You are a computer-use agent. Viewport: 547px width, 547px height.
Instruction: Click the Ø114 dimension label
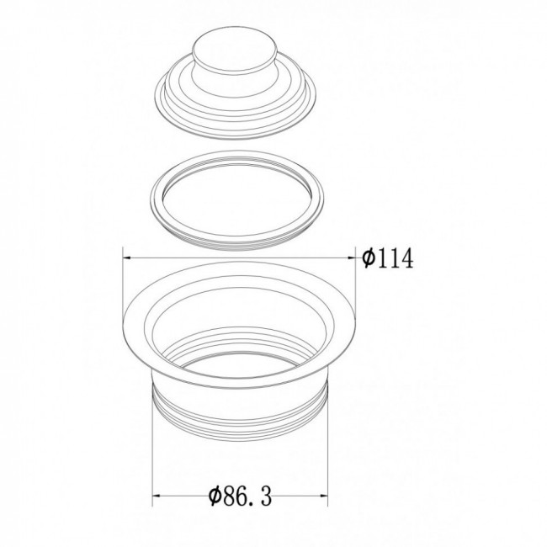pos(387,258)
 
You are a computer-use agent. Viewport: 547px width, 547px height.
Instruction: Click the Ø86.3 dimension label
pos(240,496)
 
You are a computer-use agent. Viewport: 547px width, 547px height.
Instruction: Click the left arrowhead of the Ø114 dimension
pos(126,258)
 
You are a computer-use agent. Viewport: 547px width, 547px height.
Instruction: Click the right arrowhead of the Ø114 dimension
pos(352,258)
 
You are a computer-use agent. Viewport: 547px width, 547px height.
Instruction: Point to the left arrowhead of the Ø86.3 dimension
pos(157,496)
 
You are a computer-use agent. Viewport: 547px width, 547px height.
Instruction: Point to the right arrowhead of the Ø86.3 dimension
pos(324,496)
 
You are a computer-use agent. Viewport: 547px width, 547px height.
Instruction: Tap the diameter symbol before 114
pos(369,258)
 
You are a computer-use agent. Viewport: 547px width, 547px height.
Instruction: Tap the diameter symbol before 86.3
pos(215,496)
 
